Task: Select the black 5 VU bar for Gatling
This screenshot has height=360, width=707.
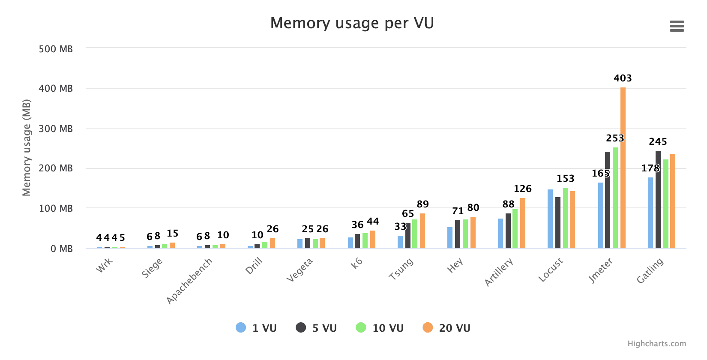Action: coord(658,200)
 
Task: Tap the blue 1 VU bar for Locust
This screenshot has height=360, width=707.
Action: coord(550,219)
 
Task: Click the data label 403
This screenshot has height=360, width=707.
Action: coord(623,78)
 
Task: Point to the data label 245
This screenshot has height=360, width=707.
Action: coord(658,142)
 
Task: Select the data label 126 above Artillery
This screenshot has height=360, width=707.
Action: coord(522,189)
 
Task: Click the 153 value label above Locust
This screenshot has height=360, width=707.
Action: coord(565,179)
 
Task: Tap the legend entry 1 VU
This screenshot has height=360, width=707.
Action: coord(256,328)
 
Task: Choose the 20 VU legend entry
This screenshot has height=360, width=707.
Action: coord(446,328)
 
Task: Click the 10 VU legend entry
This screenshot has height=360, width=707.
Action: coord(380,328)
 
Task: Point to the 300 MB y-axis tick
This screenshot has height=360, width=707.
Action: coord(56,129)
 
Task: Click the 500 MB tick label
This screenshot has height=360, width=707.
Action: coord(56,49)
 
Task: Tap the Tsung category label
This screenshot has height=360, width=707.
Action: coord(401,269)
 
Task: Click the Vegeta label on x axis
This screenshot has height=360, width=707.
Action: coord(300,270)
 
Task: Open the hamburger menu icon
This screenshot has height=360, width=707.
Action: coord(677,27)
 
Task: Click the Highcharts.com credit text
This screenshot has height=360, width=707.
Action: coord(656,344)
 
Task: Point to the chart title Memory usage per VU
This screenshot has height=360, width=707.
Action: coord(352,23)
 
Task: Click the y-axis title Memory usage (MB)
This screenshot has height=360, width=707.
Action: coord(27,148)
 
